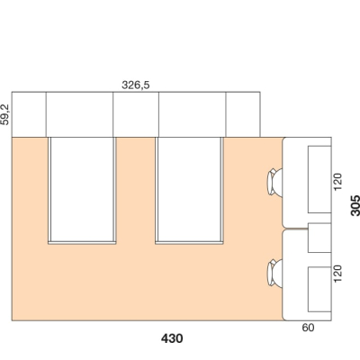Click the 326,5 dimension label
[x=135, y=85]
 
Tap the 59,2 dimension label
[x=5, y=114]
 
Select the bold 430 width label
[x=172, y=338]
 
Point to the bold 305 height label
[x=355, y=205]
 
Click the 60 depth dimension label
[x=308, y=328]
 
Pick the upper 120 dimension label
[x=337, y=182]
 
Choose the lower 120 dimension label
[x=337, y=274]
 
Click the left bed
[x=82, y=191]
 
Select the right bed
[x=189, y=191]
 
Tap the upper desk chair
[x=274, y=182]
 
